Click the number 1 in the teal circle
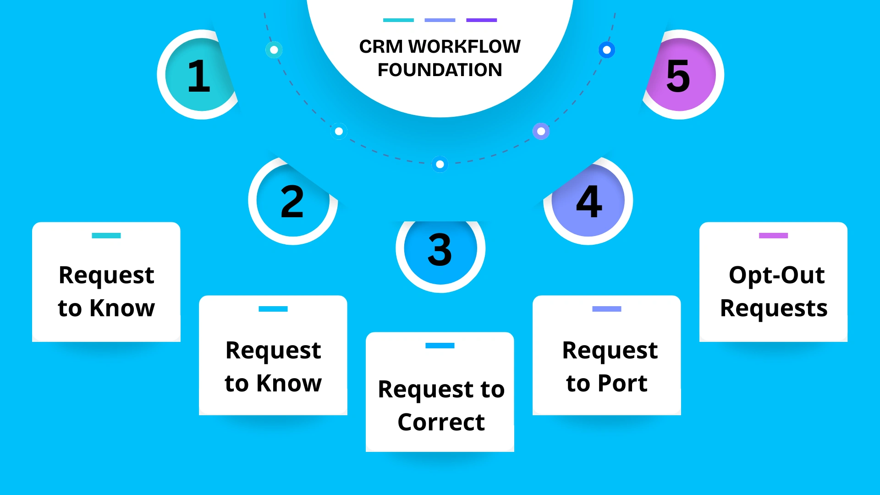(x=199, y=76)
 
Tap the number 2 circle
(x=292, y=202)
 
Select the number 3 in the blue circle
(x=440, y=250)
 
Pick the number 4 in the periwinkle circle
(x=589, y=202)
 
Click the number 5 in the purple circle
(x=678, y=76)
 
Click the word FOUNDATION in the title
(x=440, y=70)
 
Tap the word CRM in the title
(x=380, y=46)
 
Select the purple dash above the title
(x=481, y=20)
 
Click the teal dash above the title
(x=398, y=20)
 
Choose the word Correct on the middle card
(x=441, y=422)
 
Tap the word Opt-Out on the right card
(x=776, y=275)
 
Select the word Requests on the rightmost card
(x=774, y=308)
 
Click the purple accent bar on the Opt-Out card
(x=773, y=236)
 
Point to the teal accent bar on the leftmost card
(x=106, y=236)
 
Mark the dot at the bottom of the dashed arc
(x=440, y=164)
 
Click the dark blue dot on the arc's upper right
(x=607, y=50)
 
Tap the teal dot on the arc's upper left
(x=274, y=50)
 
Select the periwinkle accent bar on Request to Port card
(x=606, y=309)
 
